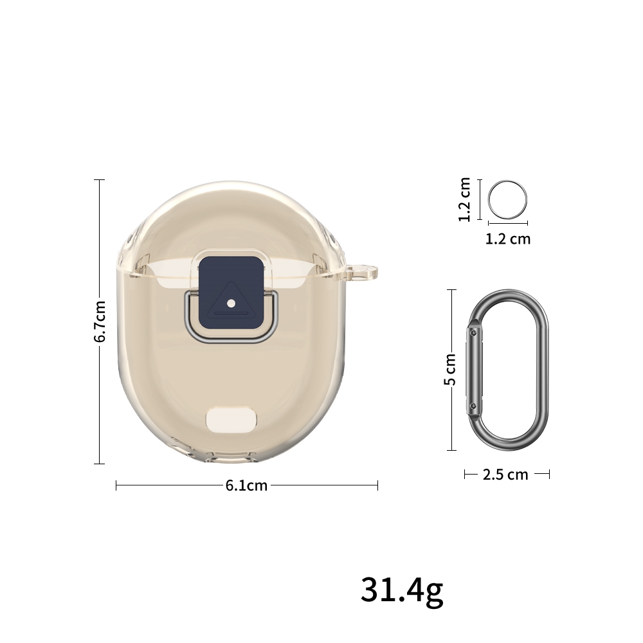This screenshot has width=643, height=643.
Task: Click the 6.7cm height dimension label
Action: click(100, 321)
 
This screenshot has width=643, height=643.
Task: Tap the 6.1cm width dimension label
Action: click(246, 485)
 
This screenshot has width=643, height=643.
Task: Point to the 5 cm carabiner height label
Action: click(450, 370)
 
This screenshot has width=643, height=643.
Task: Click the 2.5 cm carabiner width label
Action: click(505, 475)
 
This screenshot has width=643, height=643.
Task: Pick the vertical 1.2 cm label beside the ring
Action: click(464, 199)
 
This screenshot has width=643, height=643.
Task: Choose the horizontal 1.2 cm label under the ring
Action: click(508, 239)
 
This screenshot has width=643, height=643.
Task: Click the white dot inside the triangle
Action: click(231, 303)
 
